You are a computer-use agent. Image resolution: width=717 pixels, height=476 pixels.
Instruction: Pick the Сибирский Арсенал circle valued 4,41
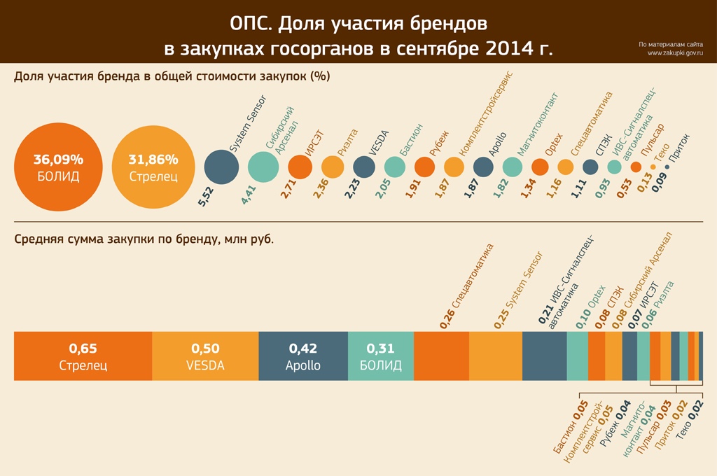[264, 167]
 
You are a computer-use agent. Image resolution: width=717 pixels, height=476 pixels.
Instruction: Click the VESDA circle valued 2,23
[364, 167]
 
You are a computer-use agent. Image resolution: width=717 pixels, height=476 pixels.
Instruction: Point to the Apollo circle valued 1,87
[483, 167]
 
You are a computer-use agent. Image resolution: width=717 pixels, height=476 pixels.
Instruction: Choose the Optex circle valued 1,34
[540, 167]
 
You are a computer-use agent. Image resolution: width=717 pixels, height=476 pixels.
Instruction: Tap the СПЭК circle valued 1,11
[590, 167]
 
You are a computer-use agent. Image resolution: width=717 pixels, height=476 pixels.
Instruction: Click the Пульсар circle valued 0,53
[636, 167]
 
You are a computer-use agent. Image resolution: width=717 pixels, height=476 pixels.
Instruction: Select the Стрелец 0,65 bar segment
[83, 356]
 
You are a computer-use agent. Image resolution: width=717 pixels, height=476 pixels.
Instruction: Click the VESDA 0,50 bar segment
[205, 356]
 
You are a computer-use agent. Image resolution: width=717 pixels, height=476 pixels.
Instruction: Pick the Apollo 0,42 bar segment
[302, 356]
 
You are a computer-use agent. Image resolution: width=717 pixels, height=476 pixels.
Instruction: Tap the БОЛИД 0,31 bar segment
[380, 356]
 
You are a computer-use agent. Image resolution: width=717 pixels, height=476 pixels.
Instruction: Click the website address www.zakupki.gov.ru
[675, 53]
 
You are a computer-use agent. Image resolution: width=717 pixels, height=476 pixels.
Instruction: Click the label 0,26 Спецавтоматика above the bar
[466, 287]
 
